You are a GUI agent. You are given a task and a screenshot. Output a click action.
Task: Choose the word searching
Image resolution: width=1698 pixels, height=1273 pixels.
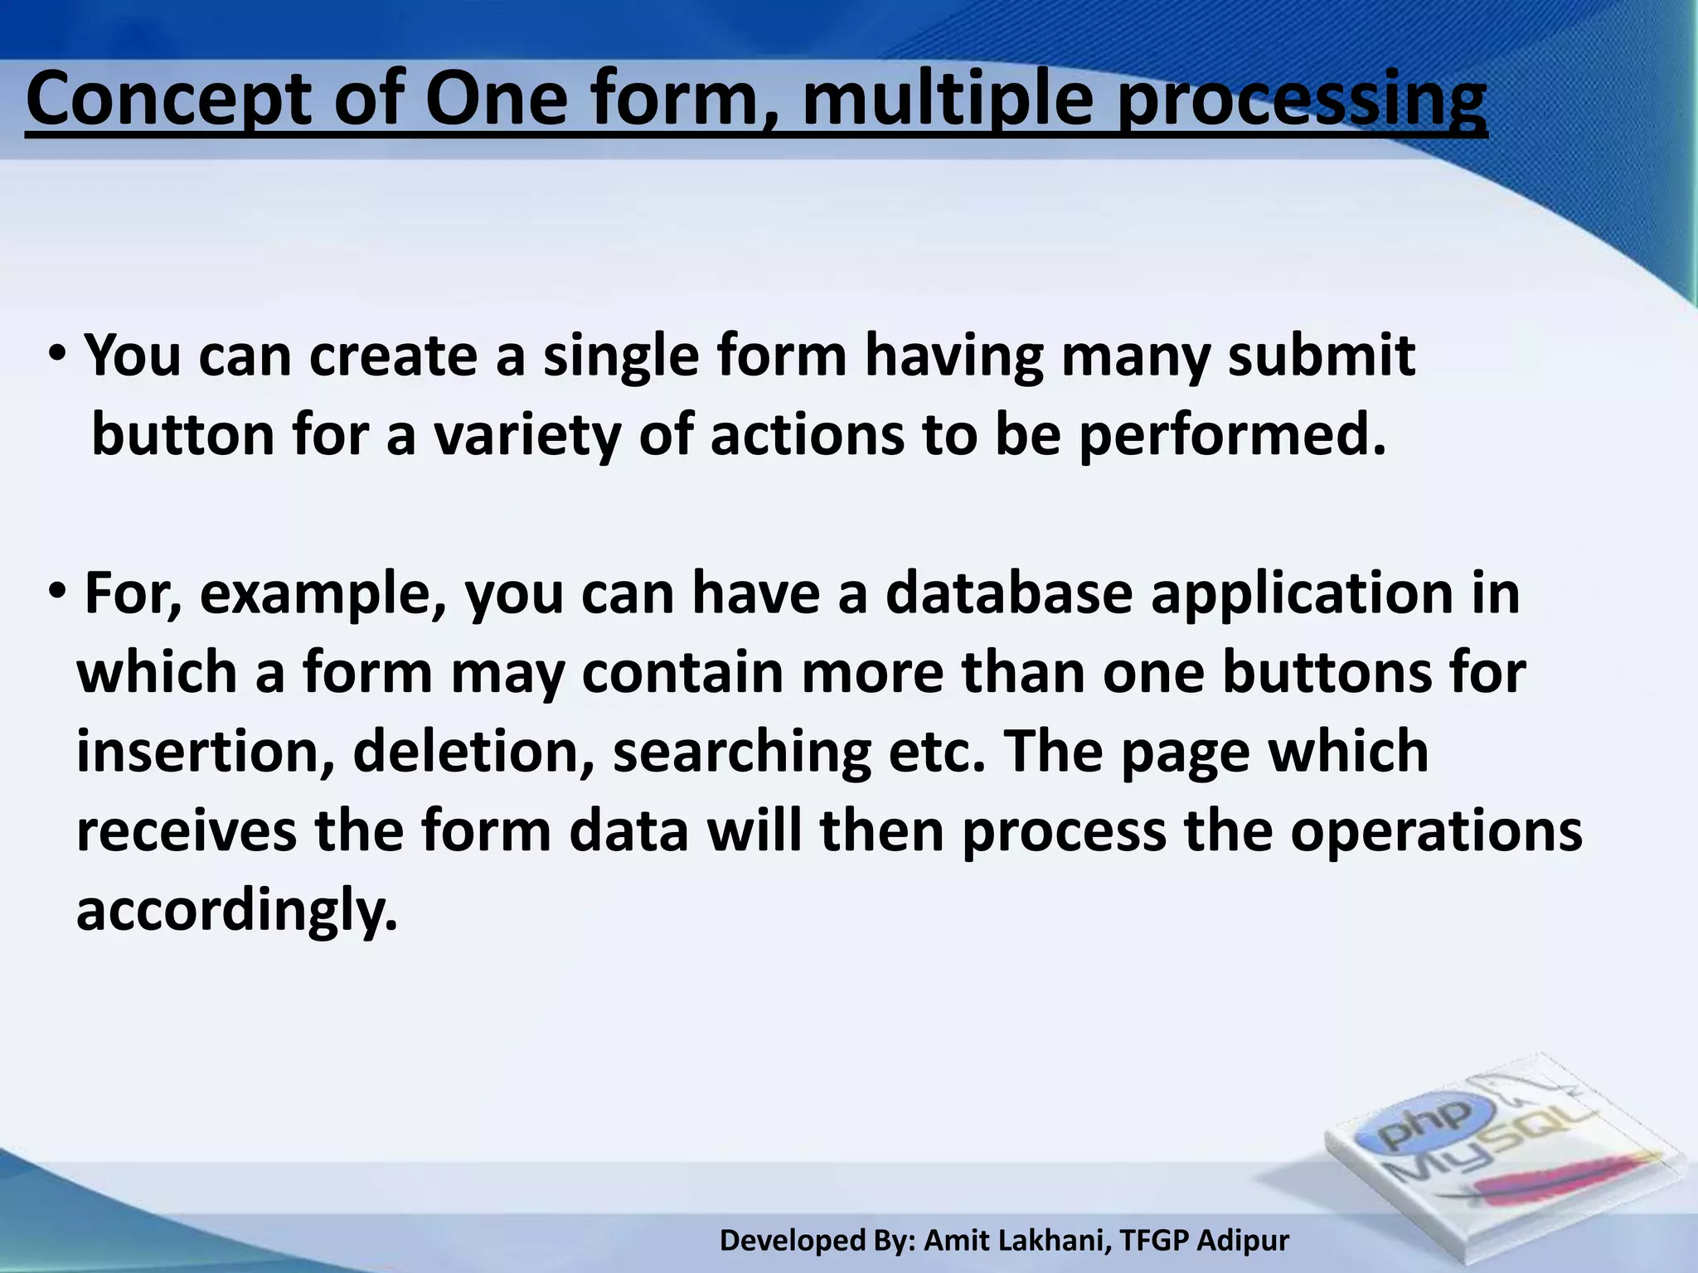click(x=741, y=753)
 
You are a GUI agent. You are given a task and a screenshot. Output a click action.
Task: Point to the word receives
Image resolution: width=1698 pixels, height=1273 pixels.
click(x=187, y=830)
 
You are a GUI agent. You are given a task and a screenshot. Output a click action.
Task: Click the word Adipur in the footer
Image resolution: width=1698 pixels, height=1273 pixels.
click(x=1243, y=1241)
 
